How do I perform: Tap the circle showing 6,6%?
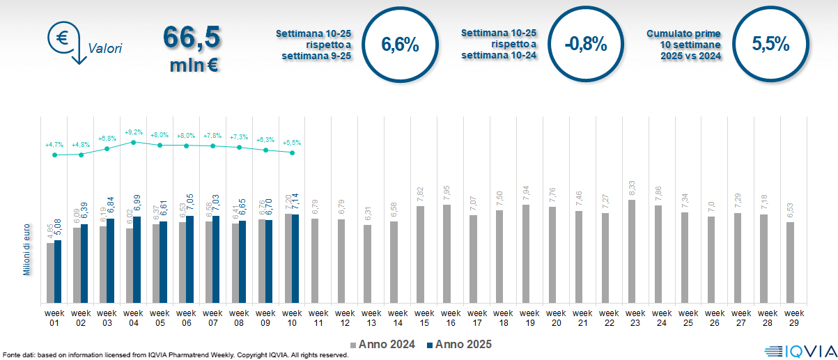click(400, 45)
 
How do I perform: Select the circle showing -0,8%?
click(586, 45)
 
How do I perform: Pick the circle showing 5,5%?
click(770, 45)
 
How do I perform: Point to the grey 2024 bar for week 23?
click(631, 251)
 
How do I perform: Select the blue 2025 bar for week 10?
click(295, 259)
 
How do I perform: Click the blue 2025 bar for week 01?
click(58, 272)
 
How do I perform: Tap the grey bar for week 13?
click(367, 264)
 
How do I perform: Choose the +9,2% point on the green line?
click(134, 142)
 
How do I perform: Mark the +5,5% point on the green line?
click(292, 152)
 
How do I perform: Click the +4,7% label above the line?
click(54, 145)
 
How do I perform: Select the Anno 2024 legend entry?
click(384, 344)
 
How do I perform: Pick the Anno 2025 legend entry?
click(459, 344)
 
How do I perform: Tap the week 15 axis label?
click(420, 318)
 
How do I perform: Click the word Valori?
click(106, 49)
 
